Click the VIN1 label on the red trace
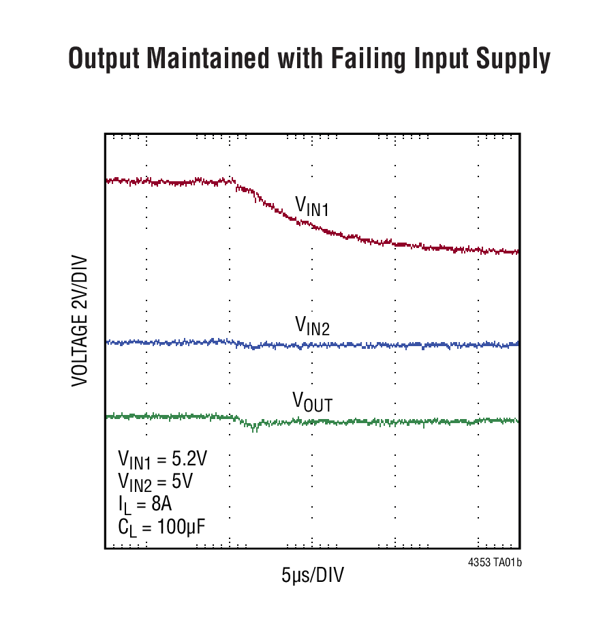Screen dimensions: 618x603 (311, 206)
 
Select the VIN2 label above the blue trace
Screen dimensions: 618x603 (312, 326)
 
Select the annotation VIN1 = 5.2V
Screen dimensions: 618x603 (162, 459)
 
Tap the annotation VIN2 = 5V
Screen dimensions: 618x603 (155, 482)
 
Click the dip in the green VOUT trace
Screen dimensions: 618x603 (254, 427)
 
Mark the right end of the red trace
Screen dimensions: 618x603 (518, 252)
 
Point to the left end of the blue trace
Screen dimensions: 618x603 (107, 342)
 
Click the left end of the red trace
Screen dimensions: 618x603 (107, 181)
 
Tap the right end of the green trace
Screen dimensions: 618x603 (518, 421)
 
